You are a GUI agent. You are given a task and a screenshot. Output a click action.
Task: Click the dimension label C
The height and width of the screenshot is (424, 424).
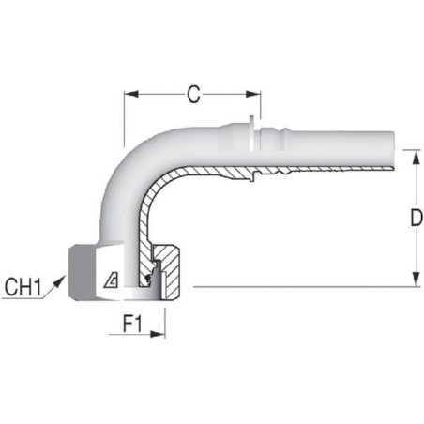(x=193, y=94)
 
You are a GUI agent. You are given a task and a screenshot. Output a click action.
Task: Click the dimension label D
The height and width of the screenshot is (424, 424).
(x=416, y=218)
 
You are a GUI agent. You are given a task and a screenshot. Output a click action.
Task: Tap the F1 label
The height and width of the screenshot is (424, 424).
(x=132, y=324)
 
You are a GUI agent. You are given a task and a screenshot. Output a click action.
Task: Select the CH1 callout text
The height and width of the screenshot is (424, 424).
(x=23, y=287)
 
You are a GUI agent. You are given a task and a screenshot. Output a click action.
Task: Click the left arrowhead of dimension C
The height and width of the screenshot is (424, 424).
(x=131, y=94)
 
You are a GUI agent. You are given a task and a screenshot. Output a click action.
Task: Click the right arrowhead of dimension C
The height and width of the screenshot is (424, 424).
(x=253, y=94)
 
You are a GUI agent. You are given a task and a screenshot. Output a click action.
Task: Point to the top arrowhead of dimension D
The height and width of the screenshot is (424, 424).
(x=416, y=158)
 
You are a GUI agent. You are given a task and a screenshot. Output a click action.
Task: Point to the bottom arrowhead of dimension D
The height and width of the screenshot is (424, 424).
(x=416, y=280)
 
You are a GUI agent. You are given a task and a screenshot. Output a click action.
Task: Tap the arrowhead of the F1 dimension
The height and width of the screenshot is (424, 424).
(x=158, y=334)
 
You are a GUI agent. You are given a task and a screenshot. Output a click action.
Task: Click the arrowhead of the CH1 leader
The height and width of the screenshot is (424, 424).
(x=59, y=281)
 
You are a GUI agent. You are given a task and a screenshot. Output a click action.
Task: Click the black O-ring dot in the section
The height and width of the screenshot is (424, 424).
(x=149, y=278)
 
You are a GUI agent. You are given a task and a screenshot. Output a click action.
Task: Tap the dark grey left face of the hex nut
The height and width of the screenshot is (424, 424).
(x=81, y=271)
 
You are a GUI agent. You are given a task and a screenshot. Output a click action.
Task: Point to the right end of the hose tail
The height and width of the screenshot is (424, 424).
(x=393, y=151)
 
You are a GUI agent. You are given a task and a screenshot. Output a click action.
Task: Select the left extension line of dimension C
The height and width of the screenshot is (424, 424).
(x=124, y=119)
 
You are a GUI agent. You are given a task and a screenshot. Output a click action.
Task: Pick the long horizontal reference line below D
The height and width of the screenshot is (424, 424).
(x=308, y=286)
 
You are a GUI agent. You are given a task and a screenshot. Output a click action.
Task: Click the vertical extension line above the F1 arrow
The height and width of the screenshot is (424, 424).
(x=165, y=323)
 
